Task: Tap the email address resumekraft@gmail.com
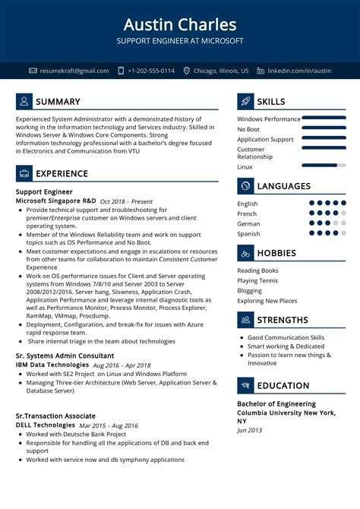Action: coord(74,71)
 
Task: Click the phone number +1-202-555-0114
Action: coord(151,71)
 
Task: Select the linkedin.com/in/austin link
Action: coord(305,71)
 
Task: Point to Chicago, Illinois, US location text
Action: coord(221,71)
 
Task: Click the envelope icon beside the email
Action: coord(33,71)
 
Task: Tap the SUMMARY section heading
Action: coord(58,102)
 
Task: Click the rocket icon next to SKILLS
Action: coord(245,102)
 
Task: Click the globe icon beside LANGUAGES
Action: coord(245,186)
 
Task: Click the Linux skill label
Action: coord(245,167)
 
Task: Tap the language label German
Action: coord(248,224)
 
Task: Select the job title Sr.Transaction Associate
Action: coord(55,416)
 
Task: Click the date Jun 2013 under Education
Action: coord(248,431)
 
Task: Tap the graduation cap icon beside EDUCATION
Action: coord(245,385)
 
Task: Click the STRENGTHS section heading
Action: coord(283,320)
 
